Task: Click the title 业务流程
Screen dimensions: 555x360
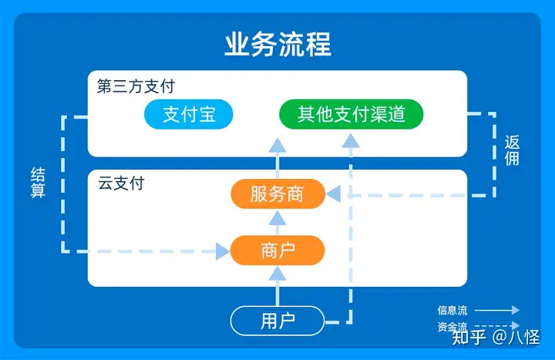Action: tap(277, 44)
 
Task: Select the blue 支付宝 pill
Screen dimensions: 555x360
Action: tap(189, 114)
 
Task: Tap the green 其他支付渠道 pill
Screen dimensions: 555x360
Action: tap(351, 114)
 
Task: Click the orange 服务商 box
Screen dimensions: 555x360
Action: tap(277, 194)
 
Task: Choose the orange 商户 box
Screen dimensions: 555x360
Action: tap(277, 251)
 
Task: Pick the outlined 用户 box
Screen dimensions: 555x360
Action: tap(277, 321)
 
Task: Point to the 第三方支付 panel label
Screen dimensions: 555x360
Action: tap(136, 86)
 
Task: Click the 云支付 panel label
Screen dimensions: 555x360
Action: tap(121, 183)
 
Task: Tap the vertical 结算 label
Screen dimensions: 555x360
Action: tap(38, 183)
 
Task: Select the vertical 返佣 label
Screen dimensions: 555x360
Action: tap(512, 150)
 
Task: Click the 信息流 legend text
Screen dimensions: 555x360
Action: tap(452, 311)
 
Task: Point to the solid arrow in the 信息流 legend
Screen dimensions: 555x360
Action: tap(497, 311)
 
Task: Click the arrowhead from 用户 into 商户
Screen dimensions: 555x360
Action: tap(277, 274)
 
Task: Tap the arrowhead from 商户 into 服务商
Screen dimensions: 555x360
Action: tap(277, 218)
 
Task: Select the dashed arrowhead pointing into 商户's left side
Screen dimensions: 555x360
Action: tap(223, 251)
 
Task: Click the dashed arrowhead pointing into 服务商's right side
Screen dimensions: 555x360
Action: tap(333, 194)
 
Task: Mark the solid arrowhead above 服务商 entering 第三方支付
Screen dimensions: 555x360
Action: tap(277, 146)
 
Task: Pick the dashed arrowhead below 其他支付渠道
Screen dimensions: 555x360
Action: tap(351, 140)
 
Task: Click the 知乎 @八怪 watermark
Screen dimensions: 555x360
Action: tap(496, 337)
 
